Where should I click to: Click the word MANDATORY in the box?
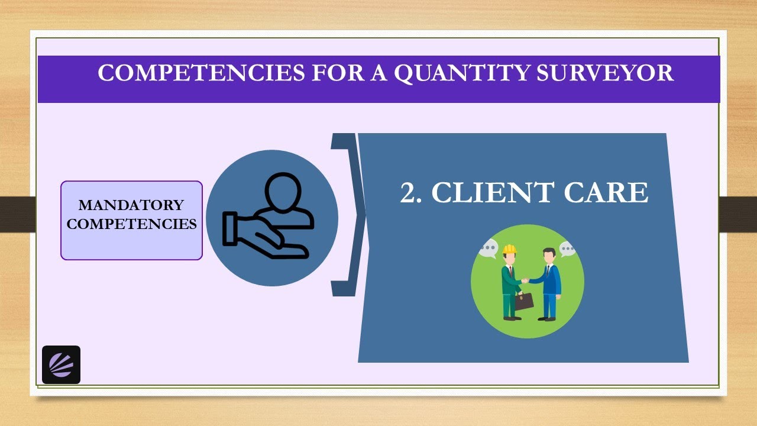(131, 205)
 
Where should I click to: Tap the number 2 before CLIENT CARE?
(410, 193)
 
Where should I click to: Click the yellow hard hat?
(510, 249)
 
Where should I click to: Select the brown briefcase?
(523, 301)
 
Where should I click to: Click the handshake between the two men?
(525, 280)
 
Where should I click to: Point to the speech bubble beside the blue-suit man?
(567, 249)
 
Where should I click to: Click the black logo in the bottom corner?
(62, 364)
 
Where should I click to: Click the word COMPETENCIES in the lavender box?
(131, 224)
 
